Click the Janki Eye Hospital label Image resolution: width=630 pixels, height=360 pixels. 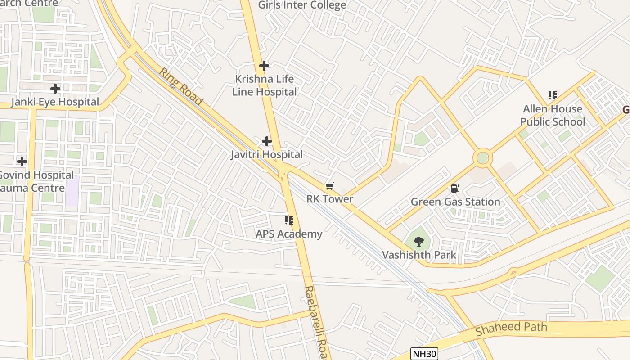coord(55,102)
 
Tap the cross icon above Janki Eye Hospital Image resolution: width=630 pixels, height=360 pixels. coord(55,89)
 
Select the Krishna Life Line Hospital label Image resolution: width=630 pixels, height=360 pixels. coord(264,85)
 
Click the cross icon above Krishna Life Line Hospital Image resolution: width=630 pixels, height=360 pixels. coord(264,66)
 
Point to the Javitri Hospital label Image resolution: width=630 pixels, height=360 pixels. coord(267,154)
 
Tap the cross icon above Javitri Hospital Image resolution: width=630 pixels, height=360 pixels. coord(267,141)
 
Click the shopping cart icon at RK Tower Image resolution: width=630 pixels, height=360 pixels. coord(330,186)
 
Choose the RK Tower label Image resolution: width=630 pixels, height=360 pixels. coord(330,199)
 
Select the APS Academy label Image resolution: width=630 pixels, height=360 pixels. coord(289,234)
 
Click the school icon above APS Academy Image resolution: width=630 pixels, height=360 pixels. coord(289,220)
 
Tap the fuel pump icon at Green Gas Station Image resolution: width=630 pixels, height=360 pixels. coord(455,189)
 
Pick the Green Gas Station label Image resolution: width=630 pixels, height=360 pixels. coord(455,202)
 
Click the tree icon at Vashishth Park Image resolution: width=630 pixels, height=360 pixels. coord(418,242)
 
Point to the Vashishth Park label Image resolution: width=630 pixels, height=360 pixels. coord(419,255)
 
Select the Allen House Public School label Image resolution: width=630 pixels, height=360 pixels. coord(553,115)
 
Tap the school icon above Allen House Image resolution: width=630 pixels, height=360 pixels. coord(553,95)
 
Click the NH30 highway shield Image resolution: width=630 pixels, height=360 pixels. coord(424,354)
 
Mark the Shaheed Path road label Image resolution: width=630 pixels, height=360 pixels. coord(511,328)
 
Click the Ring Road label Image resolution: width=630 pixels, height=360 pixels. coord(180,86)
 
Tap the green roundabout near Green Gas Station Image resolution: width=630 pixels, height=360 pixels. coord(482,158)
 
